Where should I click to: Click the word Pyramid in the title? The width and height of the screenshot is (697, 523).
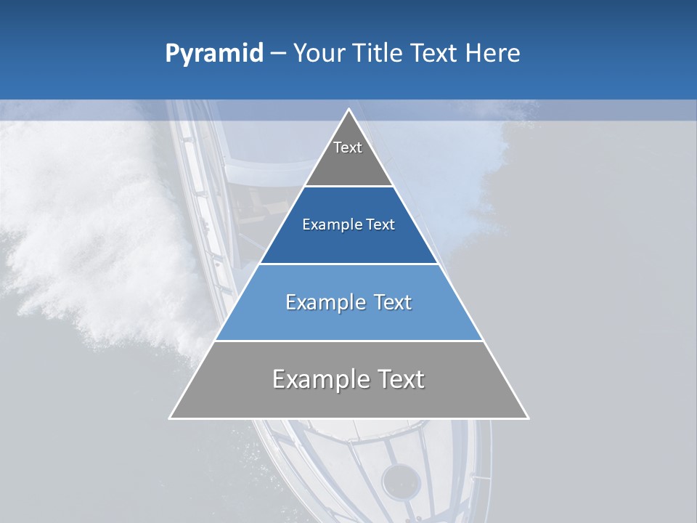[x=214, y=54]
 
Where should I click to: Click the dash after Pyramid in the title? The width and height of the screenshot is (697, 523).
[x=277, y=54]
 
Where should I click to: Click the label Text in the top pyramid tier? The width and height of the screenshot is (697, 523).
[x=348, y=147]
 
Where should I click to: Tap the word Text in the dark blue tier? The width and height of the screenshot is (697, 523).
[x=380, y=225]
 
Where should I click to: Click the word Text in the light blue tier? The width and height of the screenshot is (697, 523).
[x=394, y=302]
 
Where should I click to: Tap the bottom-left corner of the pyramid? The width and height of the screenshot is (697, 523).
[x=171, y=418]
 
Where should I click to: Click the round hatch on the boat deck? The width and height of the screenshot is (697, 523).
[x=401, y=481]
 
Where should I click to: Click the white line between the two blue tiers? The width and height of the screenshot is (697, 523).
[x=349, y=264]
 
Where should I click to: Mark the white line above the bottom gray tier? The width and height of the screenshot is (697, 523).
[x=349, y=341]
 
